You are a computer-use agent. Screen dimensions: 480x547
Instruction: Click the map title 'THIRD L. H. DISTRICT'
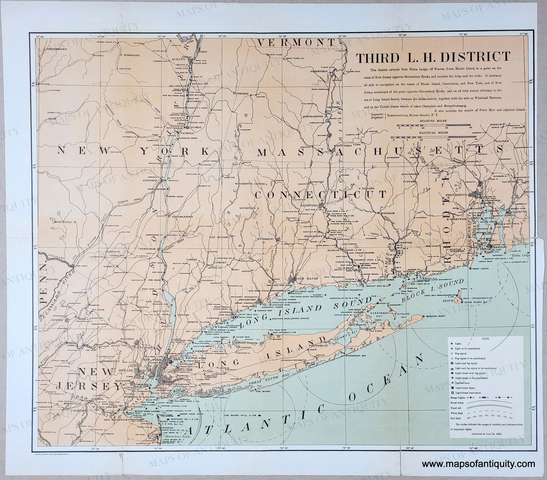[x=433, y=57]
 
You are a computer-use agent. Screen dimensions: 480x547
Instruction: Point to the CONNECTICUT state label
[x=321, y=194]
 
